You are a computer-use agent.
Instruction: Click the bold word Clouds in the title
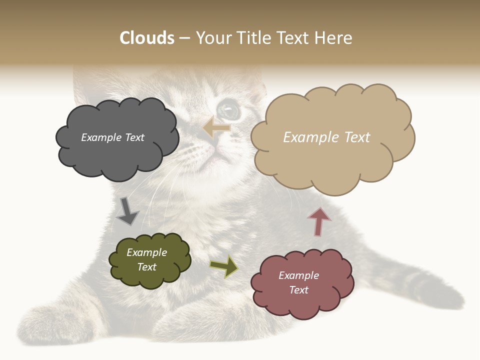pos(147,38)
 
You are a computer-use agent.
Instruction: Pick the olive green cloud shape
pos(149,260)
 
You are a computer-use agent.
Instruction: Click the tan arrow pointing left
pos(217,128)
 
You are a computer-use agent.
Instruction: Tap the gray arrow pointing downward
pos(127,211)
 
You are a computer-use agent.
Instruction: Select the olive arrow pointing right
pos(224,266)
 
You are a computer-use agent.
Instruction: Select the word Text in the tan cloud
pos(356,137)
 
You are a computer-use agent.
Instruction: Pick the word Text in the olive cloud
pos(147,267)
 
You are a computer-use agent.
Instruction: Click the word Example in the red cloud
pos(298,275)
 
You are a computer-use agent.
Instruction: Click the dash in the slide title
pos(184,38)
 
